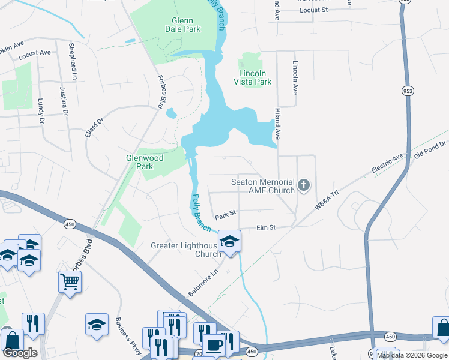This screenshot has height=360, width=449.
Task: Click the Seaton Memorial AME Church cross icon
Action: tap(304, 185)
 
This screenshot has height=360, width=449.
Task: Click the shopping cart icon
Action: tap(70, 281)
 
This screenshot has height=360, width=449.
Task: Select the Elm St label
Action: tap(265, 228)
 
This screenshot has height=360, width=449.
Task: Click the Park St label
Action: tap(226, 214)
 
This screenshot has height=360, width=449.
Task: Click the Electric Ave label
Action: tap(387, 164)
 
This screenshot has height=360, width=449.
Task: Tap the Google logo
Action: tap(20, 353)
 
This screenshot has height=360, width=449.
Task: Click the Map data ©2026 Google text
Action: tap(411, 355)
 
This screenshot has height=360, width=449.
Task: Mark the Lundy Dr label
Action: tap(41, 111)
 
